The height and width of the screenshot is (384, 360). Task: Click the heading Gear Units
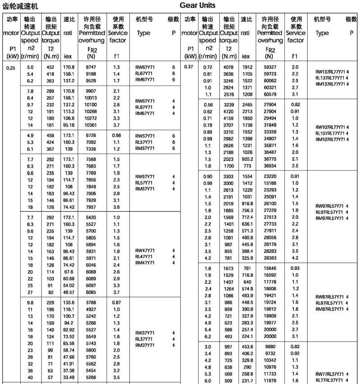(x=197, y=6)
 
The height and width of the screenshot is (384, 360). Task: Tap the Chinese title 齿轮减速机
(x=21, y=6)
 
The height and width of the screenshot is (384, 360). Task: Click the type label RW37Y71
(x=145, y=333)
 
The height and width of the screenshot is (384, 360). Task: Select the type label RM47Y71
(x=145, y=263)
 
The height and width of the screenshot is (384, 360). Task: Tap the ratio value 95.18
(x=69, y=125)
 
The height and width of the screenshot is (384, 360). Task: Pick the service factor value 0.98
(x=117, y=136)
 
